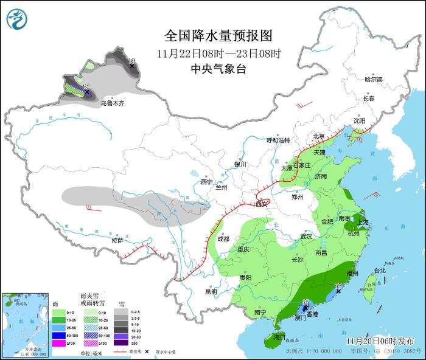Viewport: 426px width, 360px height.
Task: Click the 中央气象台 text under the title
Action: coord(218,69)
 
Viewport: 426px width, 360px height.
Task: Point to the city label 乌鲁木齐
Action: coord(113,104)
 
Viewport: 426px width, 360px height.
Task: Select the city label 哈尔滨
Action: coord(373,80)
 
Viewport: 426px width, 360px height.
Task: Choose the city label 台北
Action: coord(379,271)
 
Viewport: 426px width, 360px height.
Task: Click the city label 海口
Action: coord(279,336)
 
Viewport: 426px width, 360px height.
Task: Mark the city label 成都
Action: coord(223,239)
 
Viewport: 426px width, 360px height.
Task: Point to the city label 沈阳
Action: coord(360,121)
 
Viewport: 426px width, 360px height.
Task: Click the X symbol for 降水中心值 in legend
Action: coord(147,351)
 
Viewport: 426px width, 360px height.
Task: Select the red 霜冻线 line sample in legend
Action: coord(120,351)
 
